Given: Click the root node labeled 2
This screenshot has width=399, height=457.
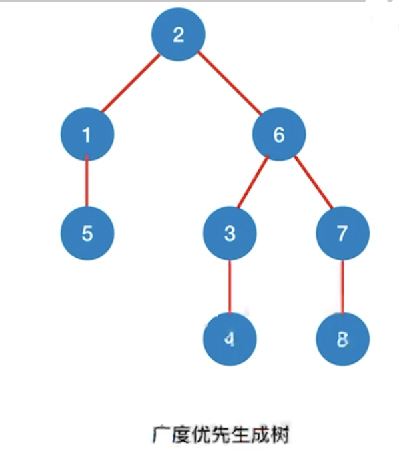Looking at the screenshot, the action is pos(178,35).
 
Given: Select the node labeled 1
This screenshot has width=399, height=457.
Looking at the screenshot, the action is pos(87,134).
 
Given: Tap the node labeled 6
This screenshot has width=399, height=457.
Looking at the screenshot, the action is pos(279,134).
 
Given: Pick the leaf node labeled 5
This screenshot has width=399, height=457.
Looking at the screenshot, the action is pos(87,233).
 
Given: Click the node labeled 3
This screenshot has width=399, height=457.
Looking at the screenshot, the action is pos(230,233).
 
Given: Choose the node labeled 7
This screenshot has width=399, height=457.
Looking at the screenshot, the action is pos(343,233).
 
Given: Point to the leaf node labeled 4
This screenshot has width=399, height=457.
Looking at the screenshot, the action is pos(230,339).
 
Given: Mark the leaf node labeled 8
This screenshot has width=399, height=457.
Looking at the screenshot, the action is pos(343,339).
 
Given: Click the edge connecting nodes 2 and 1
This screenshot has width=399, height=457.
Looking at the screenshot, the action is pos(131,83).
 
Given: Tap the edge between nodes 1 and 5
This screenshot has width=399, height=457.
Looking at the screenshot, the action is pos(87,181).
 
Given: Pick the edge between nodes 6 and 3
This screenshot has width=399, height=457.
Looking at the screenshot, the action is pos(253,182).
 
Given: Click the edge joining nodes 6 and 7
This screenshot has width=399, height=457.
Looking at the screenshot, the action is pos(314,182).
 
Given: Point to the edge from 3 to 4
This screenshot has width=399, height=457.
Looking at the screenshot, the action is pos(230,286).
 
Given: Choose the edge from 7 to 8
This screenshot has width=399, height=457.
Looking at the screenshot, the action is pos(343,286).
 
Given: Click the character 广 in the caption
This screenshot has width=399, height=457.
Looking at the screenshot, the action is pos(161,435).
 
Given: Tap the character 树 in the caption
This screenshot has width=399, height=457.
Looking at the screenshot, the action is pos(279,435).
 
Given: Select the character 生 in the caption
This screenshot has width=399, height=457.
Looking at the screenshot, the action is pos(240,435).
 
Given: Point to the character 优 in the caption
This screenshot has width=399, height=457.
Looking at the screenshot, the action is pos(201,435).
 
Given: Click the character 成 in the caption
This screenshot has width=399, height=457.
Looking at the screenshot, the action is pos(260,435).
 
